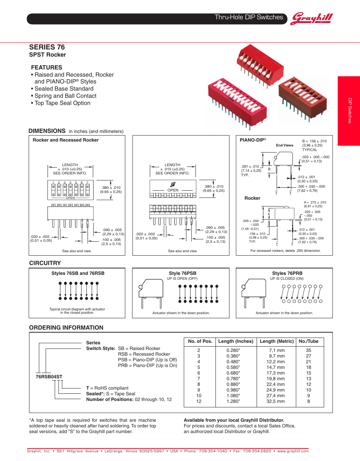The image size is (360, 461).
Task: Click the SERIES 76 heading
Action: coord(47,47)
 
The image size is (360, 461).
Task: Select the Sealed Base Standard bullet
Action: coord(64,89)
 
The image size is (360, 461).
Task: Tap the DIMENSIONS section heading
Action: coord(47,131)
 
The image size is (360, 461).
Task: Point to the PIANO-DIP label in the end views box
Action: coord(253,140)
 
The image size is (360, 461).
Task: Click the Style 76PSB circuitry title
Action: coord(182,273)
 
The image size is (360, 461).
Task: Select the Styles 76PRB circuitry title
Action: coord(287,273)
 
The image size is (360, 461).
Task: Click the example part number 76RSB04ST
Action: coord(46,377)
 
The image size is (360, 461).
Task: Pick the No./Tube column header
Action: coord(309,341)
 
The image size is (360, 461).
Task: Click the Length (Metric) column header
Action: coord(277,341)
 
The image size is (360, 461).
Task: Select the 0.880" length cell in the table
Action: coord(233,384)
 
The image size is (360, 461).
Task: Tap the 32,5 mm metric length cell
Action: coord(277,401)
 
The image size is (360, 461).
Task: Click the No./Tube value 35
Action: coord(309,350)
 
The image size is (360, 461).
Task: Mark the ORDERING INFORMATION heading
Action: coord(66,327)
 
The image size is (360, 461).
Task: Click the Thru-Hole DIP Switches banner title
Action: coord(249,17)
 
